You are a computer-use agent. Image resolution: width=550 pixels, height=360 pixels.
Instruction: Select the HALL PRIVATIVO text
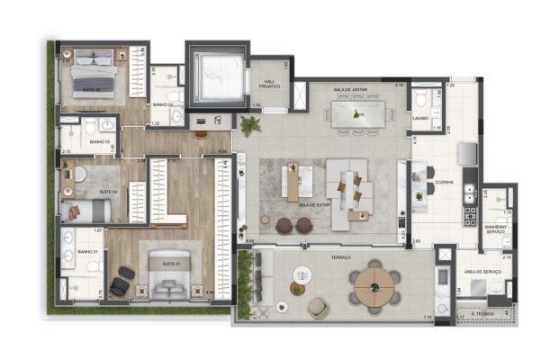tap(268, 84)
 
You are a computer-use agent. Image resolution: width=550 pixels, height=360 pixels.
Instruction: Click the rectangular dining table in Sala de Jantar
tap(358, 112)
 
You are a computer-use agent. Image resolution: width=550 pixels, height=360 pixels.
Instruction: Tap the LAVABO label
tap(419, 117)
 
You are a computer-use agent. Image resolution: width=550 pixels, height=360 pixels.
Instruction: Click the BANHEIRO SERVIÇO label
tap(497, 229)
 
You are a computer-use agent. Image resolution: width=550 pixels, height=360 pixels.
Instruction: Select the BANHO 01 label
tap(86, 253)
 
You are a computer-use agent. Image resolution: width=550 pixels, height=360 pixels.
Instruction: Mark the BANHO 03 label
tap(99, 142)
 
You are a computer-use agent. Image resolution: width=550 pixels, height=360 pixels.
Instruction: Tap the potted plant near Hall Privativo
tap(249, 123)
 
